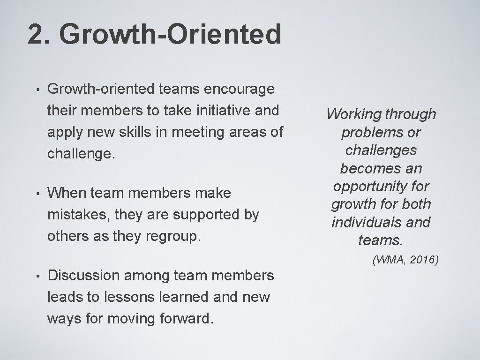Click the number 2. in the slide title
[x=39, y=35]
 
